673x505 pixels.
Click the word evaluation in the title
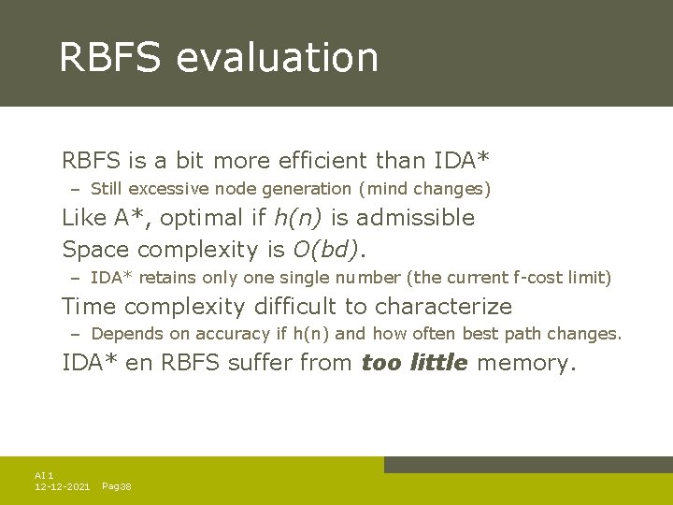point(277,58)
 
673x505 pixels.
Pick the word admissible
point(417,218)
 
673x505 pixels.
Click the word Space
point(96,250)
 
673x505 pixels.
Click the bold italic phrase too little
point(414,363)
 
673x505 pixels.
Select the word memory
point(525,363)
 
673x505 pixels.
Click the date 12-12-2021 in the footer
point(62,487)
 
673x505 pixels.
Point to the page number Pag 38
point(116,487)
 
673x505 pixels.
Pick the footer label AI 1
point(44,476)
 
